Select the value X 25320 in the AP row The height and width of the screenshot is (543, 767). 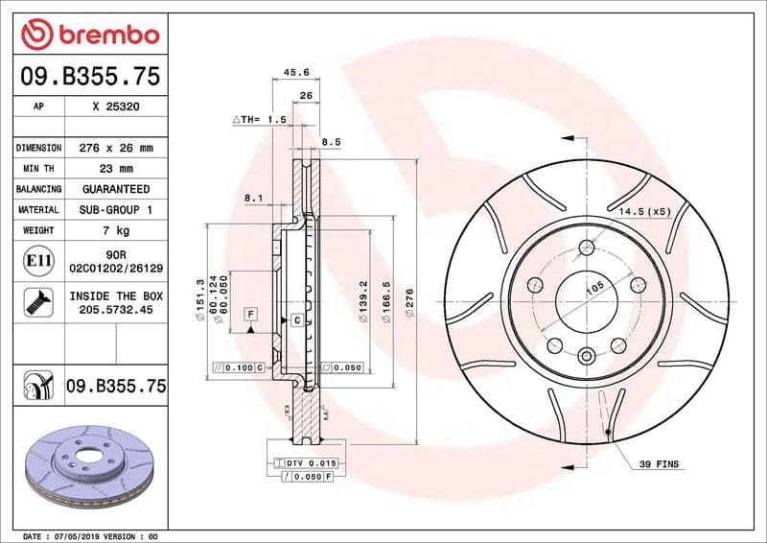tap(115, 107)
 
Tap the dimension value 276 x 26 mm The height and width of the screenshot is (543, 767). tap(115, 148)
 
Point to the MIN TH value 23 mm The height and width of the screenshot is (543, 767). tap(115, 169)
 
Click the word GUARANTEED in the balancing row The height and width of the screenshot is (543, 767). tap(115, 189)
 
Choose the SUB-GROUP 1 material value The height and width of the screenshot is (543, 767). tap(115, 209)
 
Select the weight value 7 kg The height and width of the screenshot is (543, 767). tap(115, 230)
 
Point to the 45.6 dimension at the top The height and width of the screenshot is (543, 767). tap(296, 71)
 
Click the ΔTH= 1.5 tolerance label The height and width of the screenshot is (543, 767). tap(260, 119)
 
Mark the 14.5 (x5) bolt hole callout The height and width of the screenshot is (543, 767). tap(644, 210)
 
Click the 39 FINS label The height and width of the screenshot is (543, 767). tap(659, 464)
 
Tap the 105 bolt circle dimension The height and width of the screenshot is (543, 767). tap(594, 287)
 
